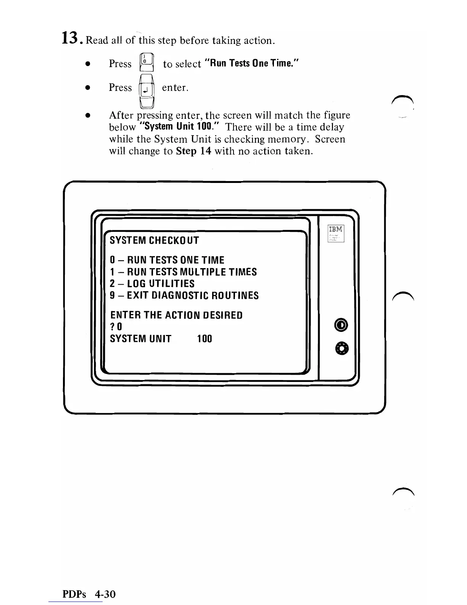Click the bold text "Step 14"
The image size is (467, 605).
coord(193,151)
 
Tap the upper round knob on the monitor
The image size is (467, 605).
coord(341,325)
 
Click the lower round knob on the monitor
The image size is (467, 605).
coord(341,348)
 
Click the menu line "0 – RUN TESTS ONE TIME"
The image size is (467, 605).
coord(167,260)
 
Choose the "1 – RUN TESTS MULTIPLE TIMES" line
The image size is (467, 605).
coord(183,272)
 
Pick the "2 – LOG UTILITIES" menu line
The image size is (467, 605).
coord(152,284)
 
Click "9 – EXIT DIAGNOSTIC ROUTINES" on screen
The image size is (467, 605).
coord(184,296)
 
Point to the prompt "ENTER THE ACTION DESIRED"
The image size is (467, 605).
coord(176,315)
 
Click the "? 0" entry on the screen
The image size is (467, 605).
coord(116,327)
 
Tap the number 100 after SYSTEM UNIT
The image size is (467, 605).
coord(205,339)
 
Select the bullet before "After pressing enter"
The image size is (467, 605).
coord(88,115)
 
